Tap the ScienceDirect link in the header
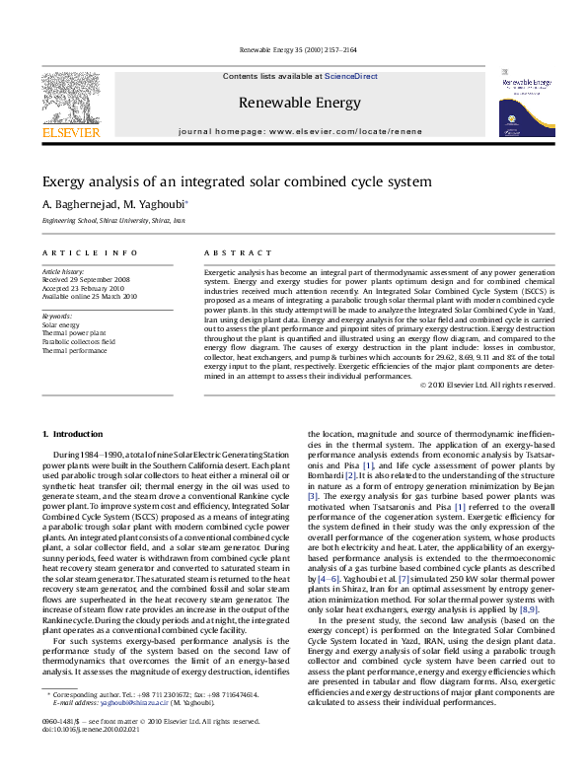(x=351, y=76)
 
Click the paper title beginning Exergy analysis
(x=237, y=182)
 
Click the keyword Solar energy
(x=61, y=323)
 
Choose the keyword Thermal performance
(x=75, y=349)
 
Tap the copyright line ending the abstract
(x=501, y=385)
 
